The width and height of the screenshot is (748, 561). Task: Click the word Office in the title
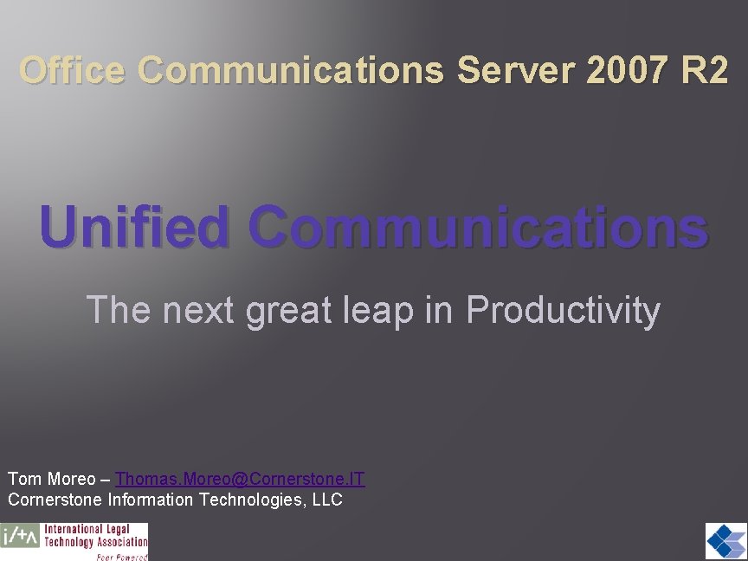point(73,70)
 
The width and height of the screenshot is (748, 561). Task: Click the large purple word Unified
point(134,227)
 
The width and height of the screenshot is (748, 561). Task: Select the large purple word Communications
point(478,227)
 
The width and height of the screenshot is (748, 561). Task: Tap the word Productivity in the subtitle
point(563,310)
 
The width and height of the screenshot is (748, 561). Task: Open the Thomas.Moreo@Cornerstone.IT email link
point(241,479)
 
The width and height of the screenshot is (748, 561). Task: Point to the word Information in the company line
point(152,500)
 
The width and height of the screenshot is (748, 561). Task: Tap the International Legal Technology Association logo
point(74,541)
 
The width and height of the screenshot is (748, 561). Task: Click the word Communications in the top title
point(290,70)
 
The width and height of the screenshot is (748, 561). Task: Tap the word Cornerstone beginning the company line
point(55,500)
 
